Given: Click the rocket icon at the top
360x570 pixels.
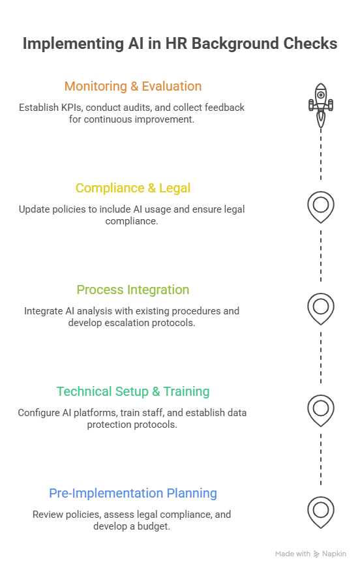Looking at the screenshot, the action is (x=321, y=106).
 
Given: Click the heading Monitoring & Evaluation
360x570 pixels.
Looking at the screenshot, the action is (x=133, y=87).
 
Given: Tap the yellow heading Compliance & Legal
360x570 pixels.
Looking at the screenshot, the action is (x=133, y=188).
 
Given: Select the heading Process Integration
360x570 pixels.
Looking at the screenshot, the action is (x=133, y=290).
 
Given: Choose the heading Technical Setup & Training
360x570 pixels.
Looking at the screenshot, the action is (x=133, y=392).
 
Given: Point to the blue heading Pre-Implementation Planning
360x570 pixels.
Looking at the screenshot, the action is (x=133, y=494).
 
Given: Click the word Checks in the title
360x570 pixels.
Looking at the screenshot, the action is (x=310, y=44).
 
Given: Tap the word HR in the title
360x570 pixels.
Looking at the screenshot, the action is (x=176, y=44).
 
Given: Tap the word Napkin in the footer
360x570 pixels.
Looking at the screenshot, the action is (x=334, y=554).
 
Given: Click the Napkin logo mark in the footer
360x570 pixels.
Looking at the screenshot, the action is (x=316, y=554).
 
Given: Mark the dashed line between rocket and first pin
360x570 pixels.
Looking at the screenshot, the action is (x=321, y=154).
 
